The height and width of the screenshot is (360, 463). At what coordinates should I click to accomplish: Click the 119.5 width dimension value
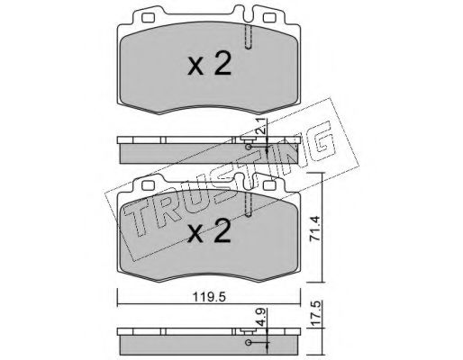(x=209, y=297)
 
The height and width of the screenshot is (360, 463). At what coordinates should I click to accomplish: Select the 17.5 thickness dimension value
(x=316, y=313)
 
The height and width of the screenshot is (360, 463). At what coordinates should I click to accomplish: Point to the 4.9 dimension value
(x=262, y=317)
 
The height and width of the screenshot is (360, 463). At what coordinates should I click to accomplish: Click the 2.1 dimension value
(x=262, y=126)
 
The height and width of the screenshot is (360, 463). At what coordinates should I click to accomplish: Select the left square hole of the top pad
(x=149, y=18)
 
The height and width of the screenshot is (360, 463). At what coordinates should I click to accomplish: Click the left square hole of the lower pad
(x=149, y=186)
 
